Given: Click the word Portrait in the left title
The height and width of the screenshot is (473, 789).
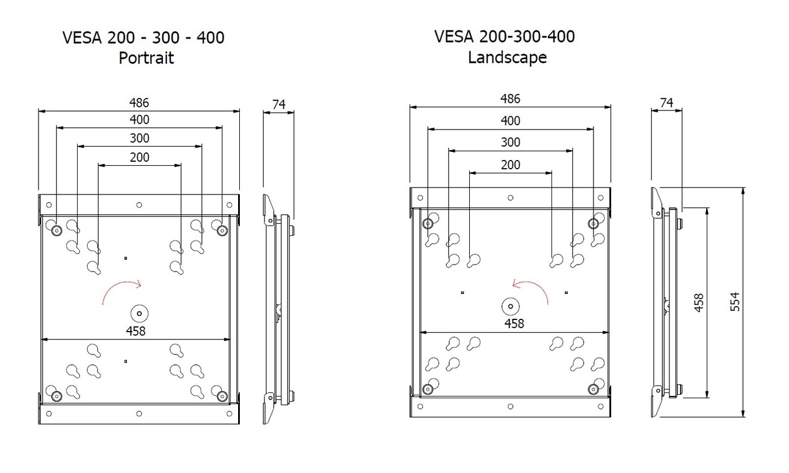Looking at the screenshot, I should coord(146,58).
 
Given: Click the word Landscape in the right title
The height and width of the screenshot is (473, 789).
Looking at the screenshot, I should coord(507,57).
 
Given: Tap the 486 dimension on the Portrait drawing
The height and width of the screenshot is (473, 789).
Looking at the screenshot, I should coord(139,102).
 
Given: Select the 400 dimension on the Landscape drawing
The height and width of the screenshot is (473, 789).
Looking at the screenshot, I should coord(511,121).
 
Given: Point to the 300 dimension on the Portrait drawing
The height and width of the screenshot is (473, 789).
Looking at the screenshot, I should coord(139,138).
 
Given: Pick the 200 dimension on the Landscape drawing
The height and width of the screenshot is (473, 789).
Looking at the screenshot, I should coord(511,165).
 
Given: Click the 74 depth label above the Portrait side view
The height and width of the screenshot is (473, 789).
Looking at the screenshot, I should coord(278,104).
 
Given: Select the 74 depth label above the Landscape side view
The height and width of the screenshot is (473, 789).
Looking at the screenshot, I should coord(666,103).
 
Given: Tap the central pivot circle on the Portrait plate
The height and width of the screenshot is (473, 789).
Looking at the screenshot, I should coord(139,312).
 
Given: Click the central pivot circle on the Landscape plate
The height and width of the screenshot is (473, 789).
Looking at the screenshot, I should coord(511,305).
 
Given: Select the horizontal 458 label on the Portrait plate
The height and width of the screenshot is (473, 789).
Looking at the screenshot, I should coord(135,331).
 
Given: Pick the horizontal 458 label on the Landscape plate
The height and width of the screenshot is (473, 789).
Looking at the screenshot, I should coord(514,324).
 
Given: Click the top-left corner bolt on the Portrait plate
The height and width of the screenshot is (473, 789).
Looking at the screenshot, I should coord(56,230).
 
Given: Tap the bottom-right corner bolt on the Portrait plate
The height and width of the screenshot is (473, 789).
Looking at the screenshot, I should coord(222,396).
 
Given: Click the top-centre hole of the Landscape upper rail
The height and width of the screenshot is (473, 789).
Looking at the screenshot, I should coord(511,197).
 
